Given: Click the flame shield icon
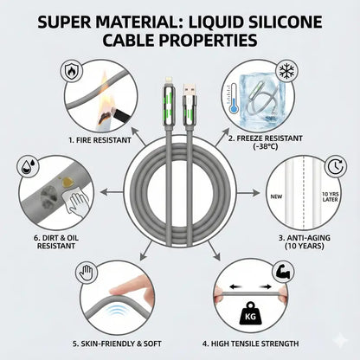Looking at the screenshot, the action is point(71,72).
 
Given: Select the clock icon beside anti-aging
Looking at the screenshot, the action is point(336,166).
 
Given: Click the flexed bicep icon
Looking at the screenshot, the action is point(283,272).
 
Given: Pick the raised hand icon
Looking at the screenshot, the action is point(87,273).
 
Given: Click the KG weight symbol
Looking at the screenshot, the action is point(250,313).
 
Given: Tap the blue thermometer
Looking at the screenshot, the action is point(233,99).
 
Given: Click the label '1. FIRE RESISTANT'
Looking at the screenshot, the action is point(100,140).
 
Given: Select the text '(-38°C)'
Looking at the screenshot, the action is point(265,146).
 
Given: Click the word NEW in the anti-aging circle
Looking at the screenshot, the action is point(276,196).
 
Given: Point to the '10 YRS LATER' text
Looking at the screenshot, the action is point(331,196).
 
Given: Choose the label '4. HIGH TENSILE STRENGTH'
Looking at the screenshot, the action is point(250,344).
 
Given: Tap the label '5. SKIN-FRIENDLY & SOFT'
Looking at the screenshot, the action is point(117,344).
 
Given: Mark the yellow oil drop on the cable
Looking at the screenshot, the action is point(67,182).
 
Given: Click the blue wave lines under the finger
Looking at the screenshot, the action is point(118,312).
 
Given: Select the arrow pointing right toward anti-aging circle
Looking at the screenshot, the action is point(247,193).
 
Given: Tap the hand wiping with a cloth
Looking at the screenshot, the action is point(76,202).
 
